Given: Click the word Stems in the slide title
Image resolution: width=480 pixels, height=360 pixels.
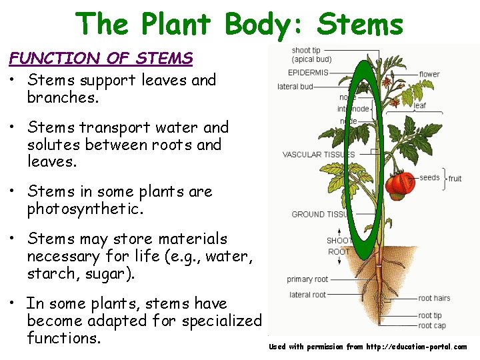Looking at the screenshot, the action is point(361,25).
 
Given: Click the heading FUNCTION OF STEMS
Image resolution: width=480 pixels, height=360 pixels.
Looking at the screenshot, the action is point(101,58).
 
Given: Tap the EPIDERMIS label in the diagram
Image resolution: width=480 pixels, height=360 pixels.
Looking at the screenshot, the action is point(308,72).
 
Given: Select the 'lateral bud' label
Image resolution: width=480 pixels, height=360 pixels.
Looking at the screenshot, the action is point(295,87).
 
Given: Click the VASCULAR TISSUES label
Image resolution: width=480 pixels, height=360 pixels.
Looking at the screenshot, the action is point(319,155).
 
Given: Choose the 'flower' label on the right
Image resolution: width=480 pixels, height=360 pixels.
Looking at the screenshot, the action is point(429,74).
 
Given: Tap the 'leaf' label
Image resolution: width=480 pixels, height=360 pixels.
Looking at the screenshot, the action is point(420,105).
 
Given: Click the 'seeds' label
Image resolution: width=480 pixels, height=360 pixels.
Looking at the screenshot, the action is point(429,178).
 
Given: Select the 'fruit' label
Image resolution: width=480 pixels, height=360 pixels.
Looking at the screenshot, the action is point(455,179).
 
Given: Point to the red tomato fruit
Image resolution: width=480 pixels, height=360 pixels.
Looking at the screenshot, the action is point(401,183).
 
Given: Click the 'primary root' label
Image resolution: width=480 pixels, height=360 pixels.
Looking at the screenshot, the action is point(307,279).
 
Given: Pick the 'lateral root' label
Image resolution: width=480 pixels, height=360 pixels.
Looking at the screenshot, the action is point(307,295).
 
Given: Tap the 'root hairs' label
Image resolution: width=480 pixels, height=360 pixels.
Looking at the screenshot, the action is point(434,299).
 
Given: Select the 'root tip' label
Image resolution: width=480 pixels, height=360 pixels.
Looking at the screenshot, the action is point(430,315).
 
